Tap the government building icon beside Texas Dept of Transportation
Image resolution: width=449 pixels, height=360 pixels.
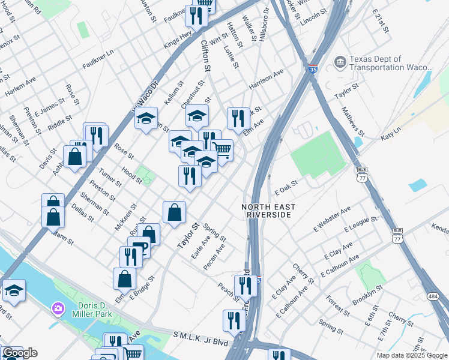339,62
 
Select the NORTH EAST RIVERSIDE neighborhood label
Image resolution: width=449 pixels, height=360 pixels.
270,211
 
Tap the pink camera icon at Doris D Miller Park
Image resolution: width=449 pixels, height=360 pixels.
58,308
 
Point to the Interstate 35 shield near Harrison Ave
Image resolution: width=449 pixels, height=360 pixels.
313,70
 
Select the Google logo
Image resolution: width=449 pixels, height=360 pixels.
20,353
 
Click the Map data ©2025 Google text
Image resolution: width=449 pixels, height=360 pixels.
412,355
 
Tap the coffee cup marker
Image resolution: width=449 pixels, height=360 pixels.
139,246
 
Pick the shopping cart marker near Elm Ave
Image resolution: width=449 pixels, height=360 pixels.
222,151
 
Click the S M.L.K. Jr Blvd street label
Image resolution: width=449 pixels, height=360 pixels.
200,338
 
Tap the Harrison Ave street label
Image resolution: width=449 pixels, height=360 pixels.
266,80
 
